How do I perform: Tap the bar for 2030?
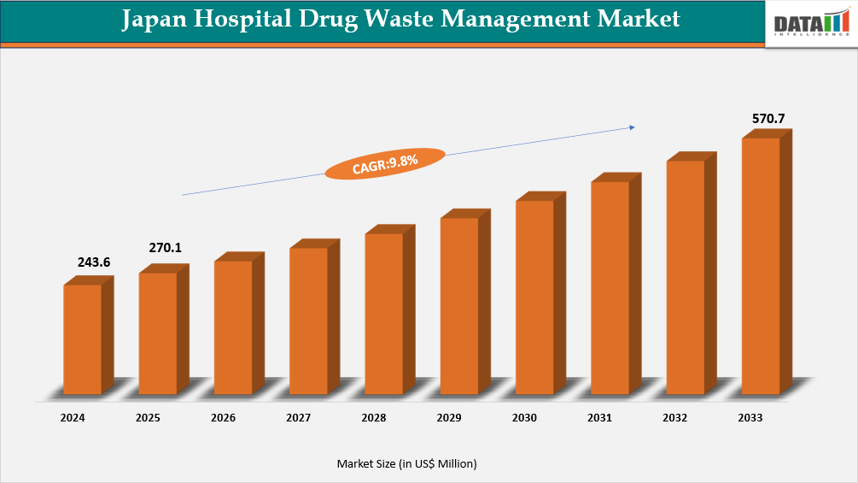coord(535,297)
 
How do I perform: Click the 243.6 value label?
coord(94,262)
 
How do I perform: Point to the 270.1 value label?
coord(165,248)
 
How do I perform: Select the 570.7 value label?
coord(768,118)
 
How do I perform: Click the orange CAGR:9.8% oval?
coord(385,163)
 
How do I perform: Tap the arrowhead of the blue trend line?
coord(632,127)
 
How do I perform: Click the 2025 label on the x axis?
coord(148,418)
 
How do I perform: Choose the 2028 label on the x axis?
coord(374,418)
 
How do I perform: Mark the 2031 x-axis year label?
coord(599,418)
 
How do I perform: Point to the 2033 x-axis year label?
coord(750,418)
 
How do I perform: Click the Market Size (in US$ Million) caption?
coord(406,463)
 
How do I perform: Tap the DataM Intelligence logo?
coord(810,23)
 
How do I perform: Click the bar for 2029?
coord(459,305)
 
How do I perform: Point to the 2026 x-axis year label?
coord(224,418)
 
